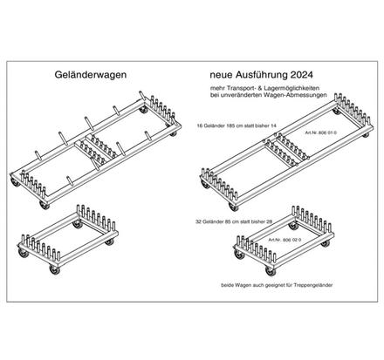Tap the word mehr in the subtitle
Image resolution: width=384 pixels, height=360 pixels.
point(215,91)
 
